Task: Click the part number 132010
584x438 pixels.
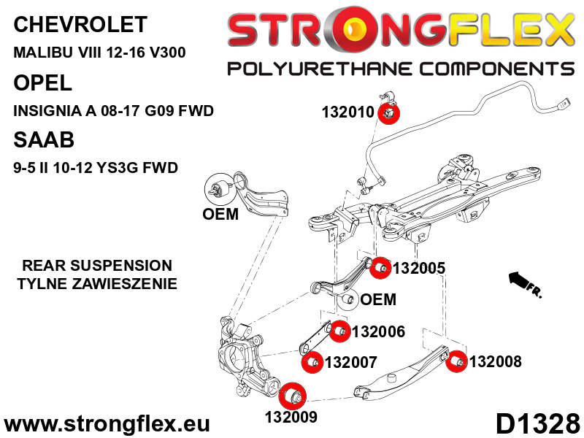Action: (x=348, y=112)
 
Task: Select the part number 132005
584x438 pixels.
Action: (x=418, y=268)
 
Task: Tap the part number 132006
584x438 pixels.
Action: (x=377, y=332)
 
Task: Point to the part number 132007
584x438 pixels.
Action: (x=350, y=361)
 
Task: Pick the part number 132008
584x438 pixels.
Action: (x=495, y=361)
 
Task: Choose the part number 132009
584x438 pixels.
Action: (x=291, y=418)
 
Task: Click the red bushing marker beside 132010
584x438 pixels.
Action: (x=389, y=113)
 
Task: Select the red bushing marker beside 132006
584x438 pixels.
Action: (x=339, y=332)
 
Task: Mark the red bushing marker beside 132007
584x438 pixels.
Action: (x=312, y=361)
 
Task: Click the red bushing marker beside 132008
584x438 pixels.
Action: (x=457, y=361)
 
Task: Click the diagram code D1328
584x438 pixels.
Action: (x=537, y=423)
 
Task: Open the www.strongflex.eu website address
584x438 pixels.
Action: (x=107, y=424)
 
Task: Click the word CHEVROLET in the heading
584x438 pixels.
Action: (x=80, y=25)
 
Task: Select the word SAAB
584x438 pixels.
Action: (x=44, y=140)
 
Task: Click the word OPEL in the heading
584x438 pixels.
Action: (x=43, y=82)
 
